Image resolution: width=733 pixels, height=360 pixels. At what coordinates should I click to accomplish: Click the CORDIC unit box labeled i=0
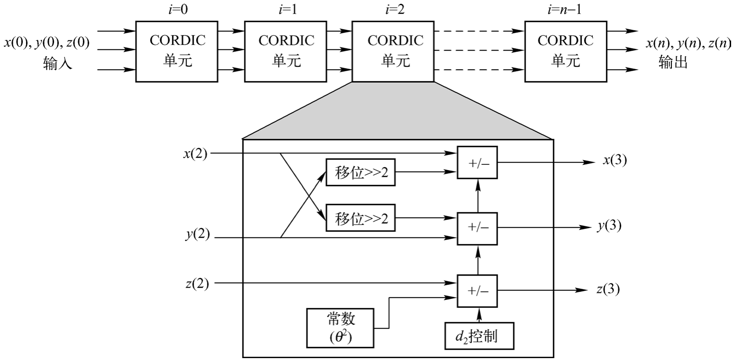click(177, 51)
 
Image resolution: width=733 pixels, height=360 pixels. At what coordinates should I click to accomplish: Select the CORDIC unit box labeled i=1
click(286, 51)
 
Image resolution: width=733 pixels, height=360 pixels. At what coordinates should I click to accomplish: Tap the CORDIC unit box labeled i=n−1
click(566, 51)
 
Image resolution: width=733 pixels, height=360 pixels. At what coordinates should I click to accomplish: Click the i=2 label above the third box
click(392, 10)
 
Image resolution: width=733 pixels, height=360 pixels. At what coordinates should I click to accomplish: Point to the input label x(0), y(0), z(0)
click(46, 44)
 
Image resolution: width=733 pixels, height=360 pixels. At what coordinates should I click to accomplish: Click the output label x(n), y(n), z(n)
click(688, 44)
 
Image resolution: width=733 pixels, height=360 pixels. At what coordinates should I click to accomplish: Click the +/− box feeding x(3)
click(478, 162)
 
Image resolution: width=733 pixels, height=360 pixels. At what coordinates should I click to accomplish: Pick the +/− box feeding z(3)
click(478, 290)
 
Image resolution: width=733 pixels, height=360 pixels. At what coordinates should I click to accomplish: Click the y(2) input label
click(197, 235)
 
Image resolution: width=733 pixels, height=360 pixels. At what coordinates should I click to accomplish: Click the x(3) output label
click(615, 161)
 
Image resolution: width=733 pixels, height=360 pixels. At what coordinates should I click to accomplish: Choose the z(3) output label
click(607, 289)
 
